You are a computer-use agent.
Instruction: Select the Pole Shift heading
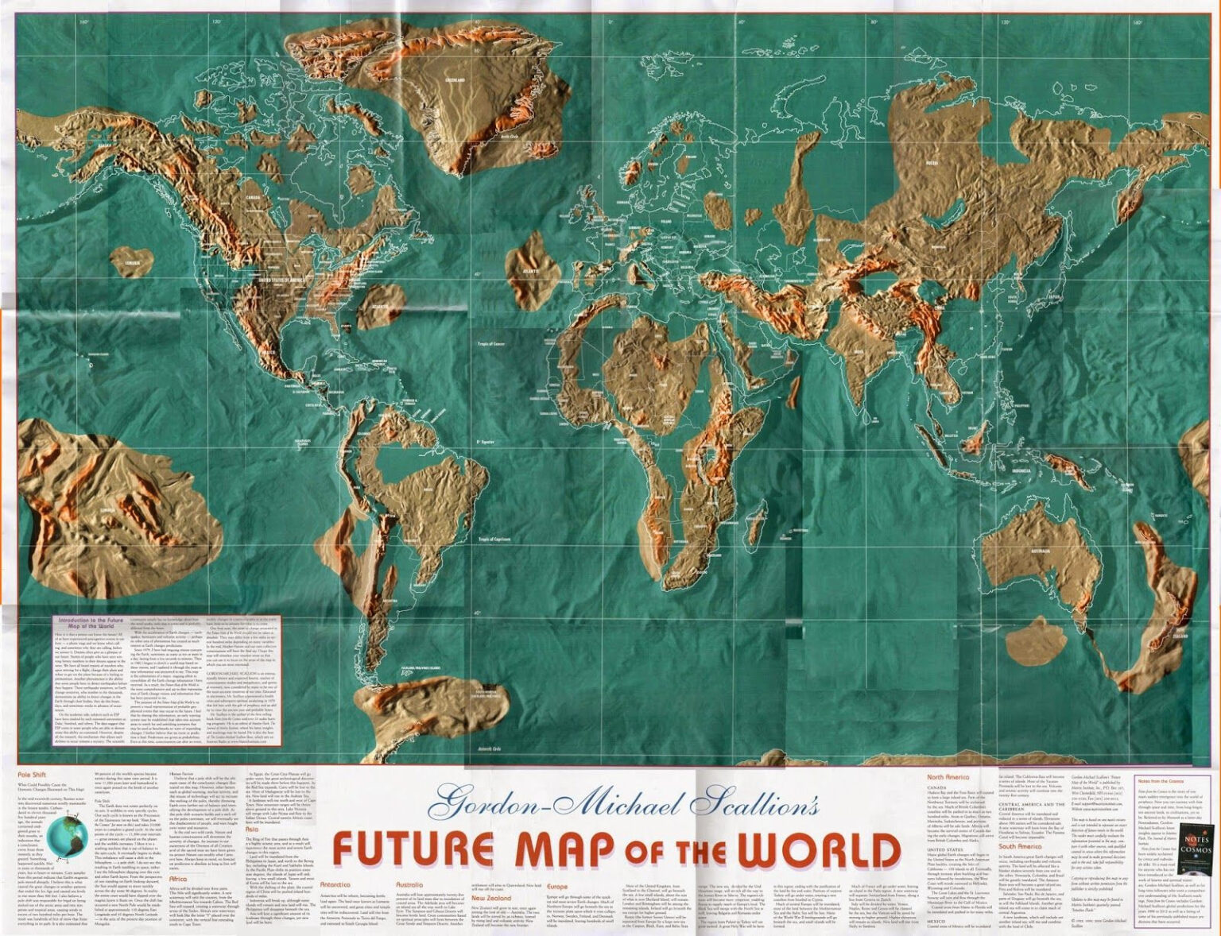(33, 772)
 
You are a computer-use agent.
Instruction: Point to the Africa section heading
(178, 880)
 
